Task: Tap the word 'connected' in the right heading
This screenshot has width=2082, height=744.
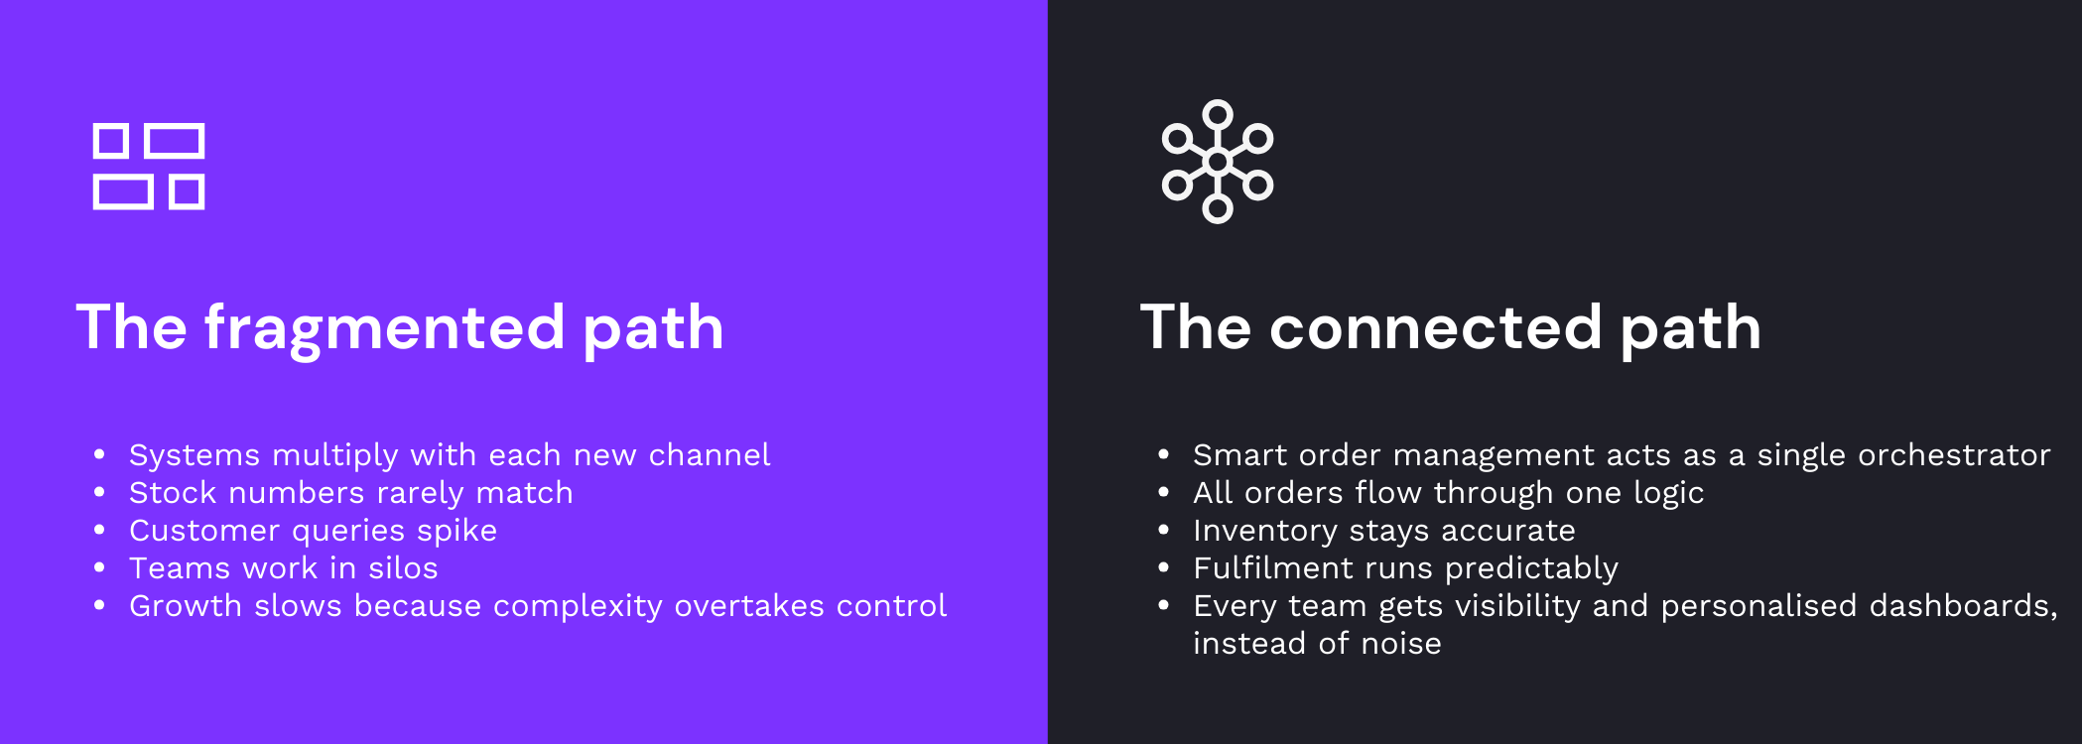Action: point(1435,328)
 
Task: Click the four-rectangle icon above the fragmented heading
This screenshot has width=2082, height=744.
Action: point(149,167)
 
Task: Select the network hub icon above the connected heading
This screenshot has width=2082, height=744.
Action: point(1218,162)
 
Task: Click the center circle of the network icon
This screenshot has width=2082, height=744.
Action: point(1218,162)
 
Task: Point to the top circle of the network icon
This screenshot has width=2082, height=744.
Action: point(1218,114)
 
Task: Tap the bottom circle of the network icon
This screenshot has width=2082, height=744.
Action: point(1218,209)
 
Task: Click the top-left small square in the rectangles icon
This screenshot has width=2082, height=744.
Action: point(111,141)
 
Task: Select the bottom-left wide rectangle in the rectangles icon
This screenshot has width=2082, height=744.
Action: point(123,192)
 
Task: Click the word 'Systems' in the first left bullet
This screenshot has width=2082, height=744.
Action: point(195,455)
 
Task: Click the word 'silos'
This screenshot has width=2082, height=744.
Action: point(403,568)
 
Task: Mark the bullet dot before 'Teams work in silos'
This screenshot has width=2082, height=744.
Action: point(99,567)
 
